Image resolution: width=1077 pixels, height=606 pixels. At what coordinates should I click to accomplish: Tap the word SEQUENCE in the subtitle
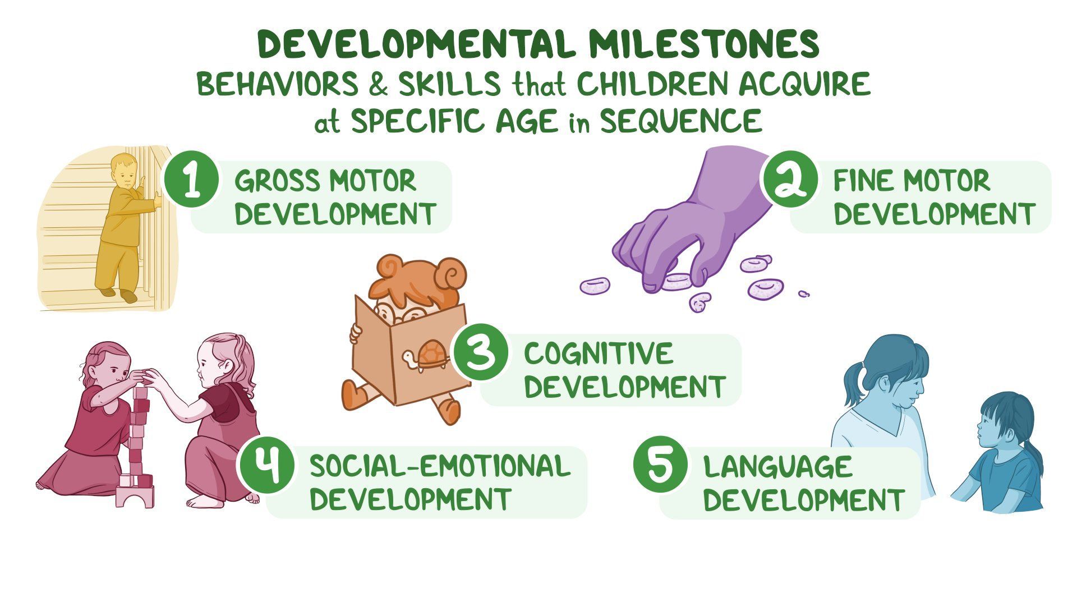point(681,121)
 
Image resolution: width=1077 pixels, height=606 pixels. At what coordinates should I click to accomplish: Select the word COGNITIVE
point(598,353)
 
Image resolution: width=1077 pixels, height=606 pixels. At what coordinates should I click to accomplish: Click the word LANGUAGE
point(778,467)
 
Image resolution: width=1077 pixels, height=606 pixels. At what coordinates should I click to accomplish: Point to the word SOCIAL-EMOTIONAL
point(440,466)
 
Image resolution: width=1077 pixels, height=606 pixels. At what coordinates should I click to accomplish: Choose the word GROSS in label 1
point(277,181)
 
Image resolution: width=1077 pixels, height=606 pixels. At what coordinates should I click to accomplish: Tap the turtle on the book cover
point(426,357)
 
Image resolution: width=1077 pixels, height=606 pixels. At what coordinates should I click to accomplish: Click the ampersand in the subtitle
point(378,84)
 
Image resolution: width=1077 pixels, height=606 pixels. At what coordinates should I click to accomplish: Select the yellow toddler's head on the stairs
point(125,171)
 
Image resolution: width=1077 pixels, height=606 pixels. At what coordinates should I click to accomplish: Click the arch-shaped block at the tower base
point(135,497)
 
